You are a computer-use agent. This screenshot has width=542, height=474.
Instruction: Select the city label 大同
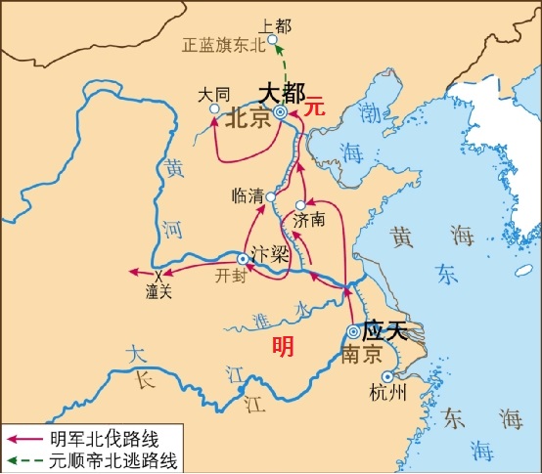(213, 96)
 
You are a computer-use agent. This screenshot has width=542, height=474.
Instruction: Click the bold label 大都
(282, 92)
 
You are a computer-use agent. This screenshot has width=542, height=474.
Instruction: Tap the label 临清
(248, 194)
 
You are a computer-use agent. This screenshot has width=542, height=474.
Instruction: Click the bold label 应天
(384, 330)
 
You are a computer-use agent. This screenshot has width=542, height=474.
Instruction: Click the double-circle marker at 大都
(280, 113)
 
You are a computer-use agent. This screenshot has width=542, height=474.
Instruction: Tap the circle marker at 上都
(273, 40)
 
